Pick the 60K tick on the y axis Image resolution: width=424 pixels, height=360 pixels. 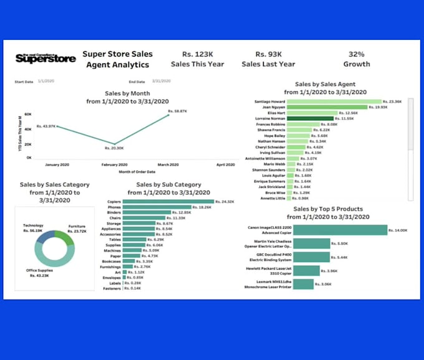click(x=28, y=115)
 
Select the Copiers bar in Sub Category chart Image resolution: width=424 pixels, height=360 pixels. click(x=168, y=202)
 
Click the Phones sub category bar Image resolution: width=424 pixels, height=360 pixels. click(x=158, y=207)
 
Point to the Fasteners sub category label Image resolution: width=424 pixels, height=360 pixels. click(x=113, y=288)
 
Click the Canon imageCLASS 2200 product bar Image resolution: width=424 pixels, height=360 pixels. click(x=339, y=230)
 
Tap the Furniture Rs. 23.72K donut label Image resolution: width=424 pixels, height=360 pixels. click(x=77, y=229)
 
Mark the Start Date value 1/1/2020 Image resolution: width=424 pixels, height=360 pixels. click(x=46, y=82)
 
